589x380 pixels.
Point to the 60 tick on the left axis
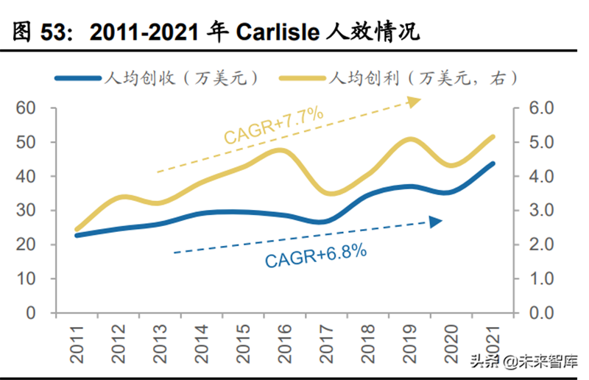[x=25, y=108]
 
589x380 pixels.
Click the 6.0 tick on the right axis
[x=535, y=108]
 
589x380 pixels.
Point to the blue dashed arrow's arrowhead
[x=436, y=221]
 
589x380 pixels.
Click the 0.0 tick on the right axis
[x=535, y=313]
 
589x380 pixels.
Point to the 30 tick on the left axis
[x=25, y=211]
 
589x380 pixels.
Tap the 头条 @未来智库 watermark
[x=523, y=362]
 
